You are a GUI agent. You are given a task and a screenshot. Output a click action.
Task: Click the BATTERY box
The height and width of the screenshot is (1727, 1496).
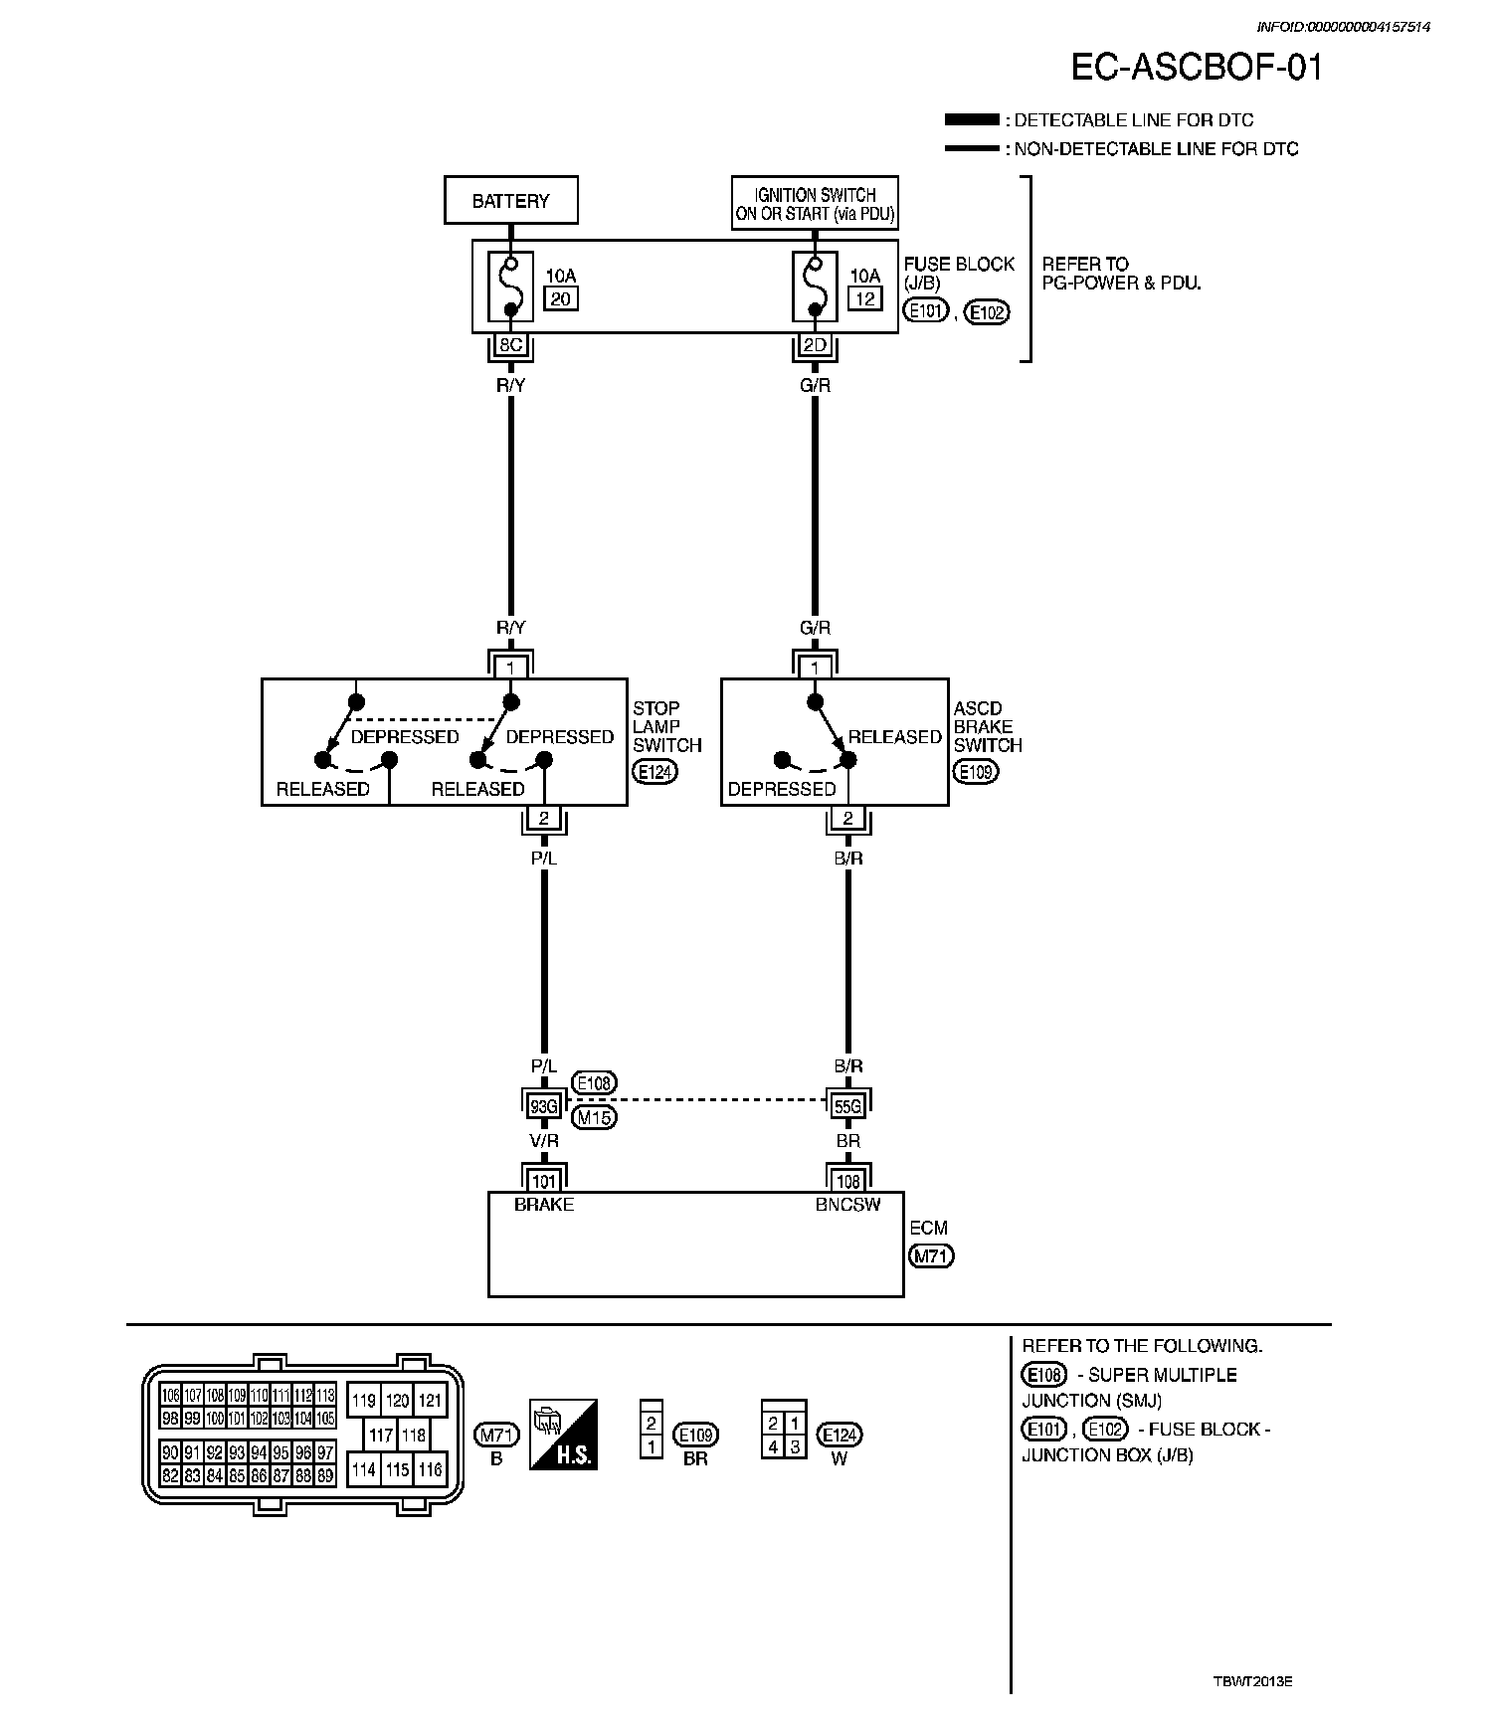[x=510, y=201]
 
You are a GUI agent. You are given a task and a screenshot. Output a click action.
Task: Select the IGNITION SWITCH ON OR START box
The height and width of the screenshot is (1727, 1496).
[x=815, y=204]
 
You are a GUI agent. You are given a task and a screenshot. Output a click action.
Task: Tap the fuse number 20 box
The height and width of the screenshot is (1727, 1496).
[x=562, y=298]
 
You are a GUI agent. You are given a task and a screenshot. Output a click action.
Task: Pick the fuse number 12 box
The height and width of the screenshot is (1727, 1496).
[x=864, y=298]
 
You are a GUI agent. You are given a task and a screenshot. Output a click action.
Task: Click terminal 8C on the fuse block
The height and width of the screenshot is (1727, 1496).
[x=510, y=345]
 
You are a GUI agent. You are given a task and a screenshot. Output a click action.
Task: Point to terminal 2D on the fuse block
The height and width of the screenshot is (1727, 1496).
[x=815, y=345]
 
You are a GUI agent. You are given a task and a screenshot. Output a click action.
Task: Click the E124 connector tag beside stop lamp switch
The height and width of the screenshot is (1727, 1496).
[x=654, y=771]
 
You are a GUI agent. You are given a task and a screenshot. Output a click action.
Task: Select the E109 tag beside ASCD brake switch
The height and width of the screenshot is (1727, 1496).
[x=975, y=771]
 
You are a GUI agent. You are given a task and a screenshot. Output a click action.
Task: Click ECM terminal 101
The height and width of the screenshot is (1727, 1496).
[x=543, y=1181]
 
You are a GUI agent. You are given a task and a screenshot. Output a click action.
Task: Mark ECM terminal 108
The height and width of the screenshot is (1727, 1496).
[x=847, y=1181]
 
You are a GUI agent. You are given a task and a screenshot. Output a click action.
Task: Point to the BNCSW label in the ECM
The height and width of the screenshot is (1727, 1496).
[x=847, y=1204]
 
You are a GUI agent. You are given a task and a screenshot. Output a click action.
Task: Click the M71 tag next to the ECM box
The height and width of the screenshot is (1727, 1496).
[x=931, y=1256]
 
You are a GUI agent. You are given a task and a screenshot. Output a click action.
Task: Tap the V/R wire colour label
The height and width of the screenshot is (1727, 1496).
[x=543, y=1141]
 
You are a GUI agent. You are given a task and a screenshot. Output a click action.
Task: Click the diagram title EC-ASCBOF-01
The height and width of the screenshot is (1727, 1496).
[x=1197, y=68]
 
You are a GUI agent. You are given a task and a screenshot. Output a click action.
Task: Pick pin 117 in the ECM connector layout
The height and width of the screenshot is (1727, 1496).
[x=381, y=1435]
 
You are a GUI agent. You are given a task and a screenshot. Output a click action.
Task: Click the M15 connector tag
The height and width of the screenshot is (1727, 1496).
[x=594, y=1117]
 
